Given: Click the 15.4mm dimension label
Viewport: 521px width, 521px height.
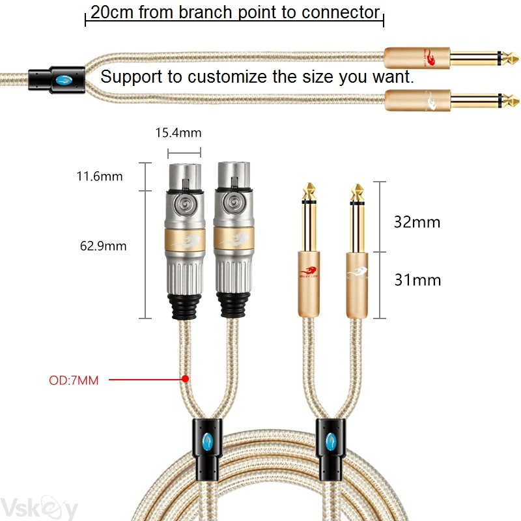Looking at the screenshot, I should coord(178,133).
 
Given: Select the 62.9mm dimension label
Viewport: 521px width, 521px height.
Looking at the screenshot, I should coord(103,246).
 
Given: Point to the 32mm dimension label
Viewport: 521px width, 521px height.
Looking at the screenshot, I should coord(417,221).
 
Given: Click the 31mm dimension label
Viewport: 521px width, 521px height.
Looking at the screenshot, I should coord(417,280).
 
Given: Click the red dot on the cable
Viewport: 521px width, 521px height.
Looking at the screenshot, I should coord(185,378).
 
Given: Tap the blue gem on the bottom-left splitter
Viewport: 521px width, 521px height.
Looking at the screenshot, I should coord(208,443).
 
